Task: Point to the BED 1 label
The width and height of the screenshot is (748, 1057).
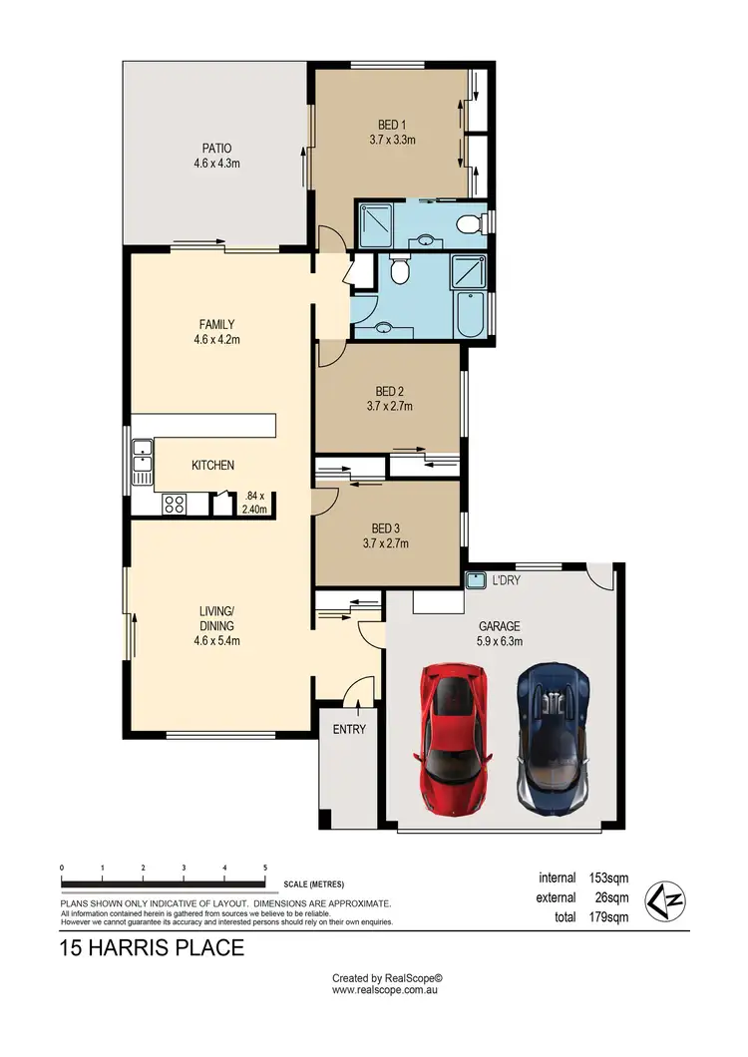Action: click(392, 126)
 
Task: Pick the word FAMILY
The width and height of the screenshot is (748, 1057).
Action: click(216, 324)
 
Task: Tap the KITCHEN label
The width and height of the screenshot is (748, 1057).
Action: click(213, 465)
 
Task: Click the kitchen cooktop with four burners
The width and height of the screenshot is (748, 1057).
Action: click(174, 505)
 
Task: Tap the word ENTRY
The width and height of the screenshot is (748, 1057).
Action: click(349, 729)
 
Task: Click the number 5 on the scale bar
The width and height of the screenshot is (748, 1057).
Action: click(265, 868)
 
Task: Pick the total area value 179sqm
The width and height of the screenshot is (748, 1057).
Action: click(608, 916)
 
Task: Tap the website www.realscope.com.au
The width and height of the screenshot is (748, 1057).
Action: click(386, 990)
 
